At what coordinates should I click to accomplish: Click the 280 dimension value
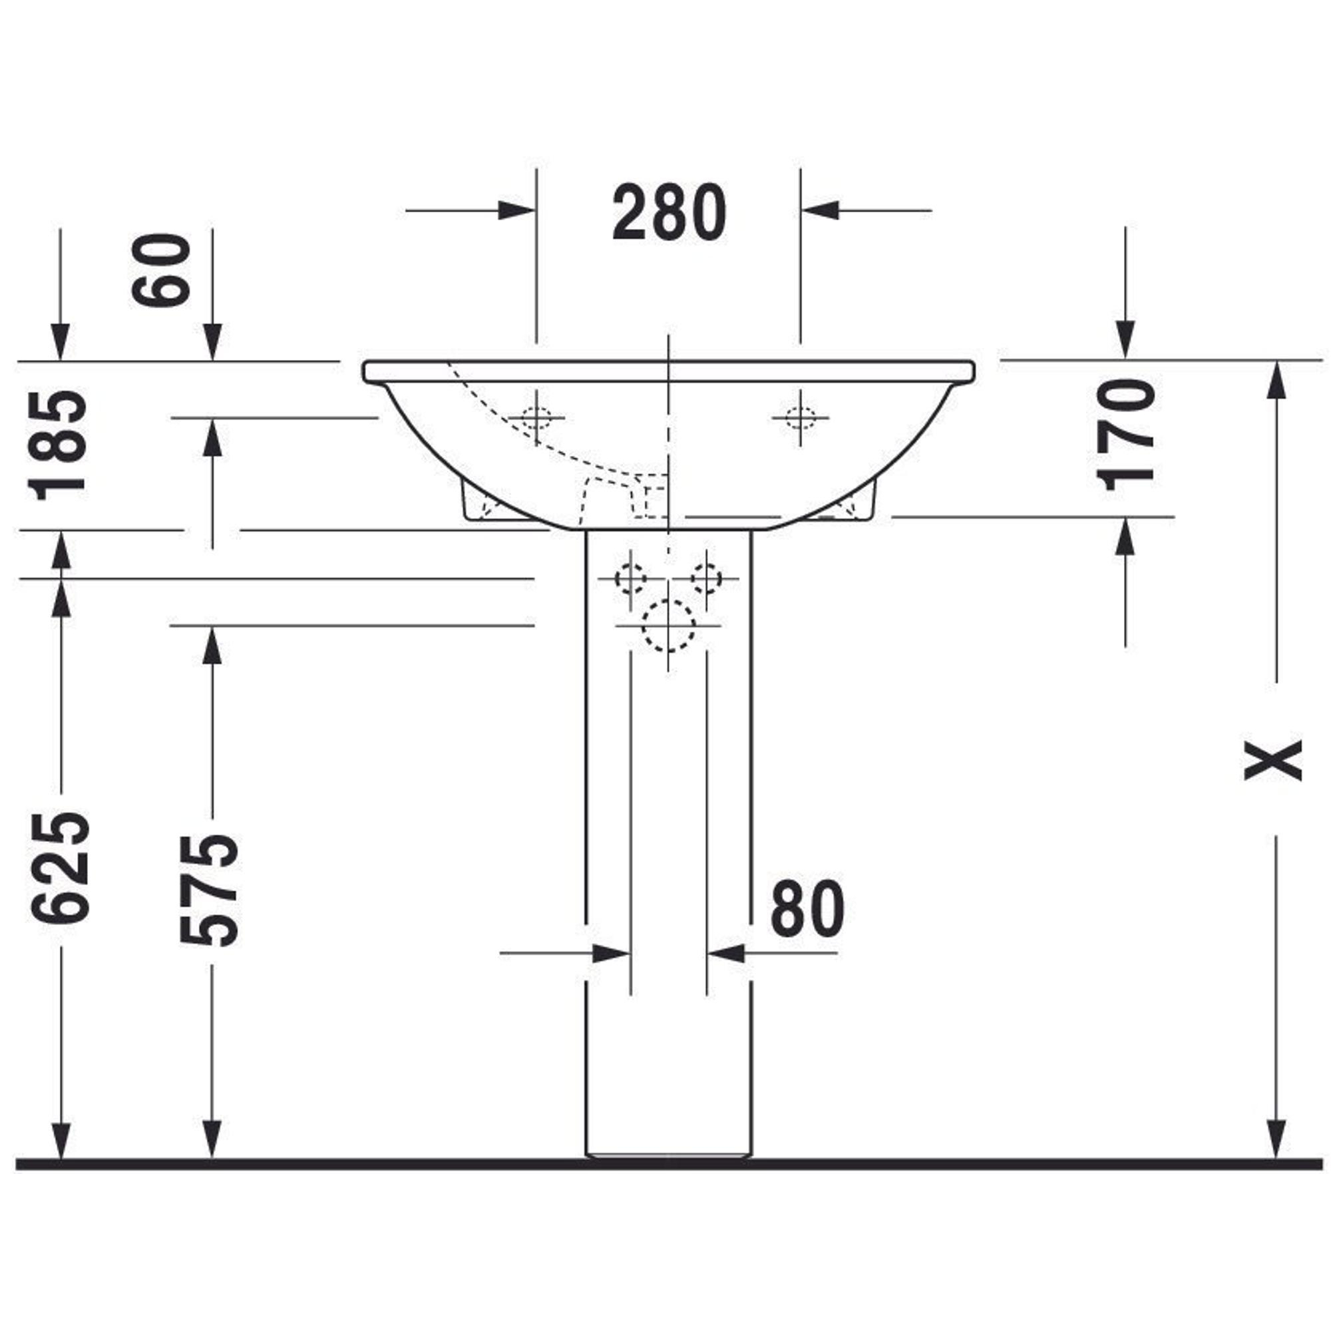[669, 212]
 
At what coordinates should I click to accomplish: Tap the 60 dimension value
[161, 270]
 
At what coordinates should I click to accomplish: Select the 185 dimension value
[58, 445]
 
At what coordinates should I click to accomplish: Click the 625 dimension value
[61, 867]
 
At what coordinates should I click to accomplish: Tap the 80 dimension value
[807, 908]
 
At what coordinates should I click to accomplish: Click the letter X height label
[1273, 759]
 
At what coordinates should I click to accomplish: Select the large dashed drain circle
[667, 626]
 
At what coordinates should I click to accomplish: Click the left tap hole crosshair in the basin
[536, 417]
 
